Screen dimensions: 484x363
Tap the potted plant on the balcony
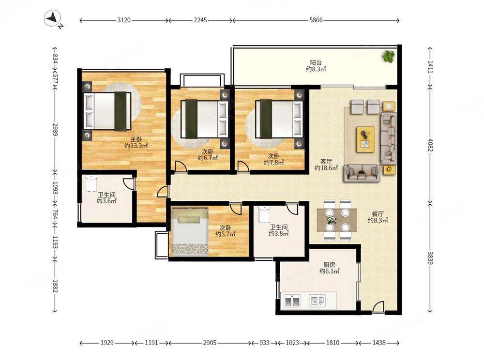(x=388, y=56)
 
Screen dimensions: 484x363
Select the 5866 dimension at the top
(x=316, y=20)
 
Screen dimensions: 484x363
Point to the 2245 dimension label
(x=200, y=20)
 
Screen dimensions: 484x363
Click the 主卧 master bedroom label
(x=136, y=139)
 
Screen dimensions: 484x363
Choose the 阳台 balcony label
(x=316, y=63)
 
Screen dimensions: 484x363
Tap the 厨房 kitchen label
(x=329, y=265)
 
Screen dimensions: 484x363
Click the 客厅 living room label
(x=326, y=162)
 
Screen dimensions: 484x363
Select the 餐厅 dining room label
(x=378, y=214)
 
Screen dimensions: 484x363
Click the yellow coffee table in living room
(x=365, y=139)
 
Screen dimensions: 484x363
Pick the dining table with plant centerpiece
(x=337, y=220)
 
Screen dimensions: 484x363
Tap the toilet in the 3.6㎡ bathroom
(x=91, y=183)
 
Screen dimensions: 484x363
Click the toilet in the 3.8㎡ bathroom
(x=264, y=214)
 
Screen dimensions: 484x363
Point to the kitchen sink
(x=318, y=301)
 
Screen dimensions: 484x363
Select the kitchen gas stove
(x=292, y=301)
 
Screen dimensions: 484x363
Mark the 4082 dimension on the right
(x=430, y=145)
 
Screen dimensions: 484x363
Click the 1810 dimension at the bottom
(x=333, y=343)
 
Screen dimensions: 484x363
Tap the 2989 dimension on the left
(x=55, y=130)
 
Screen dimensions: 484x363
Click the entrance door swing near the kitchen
(x=378, y=307)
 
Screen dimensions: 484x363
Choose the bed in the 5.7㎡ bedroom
(x=190, y=232)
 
